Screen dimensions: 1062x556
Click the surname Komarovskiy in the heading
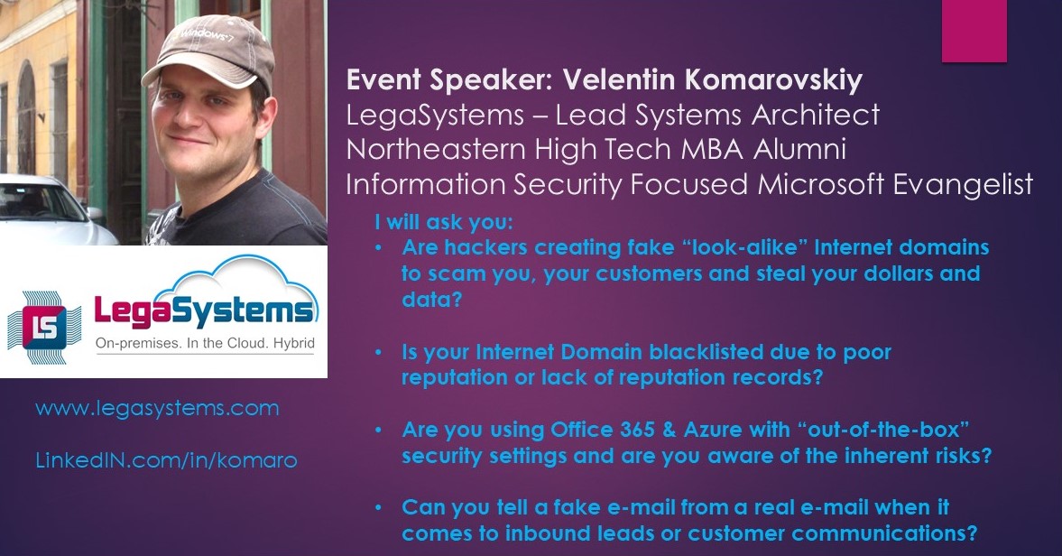point(773,80)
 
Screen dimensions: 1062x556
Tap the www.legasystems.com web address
point(157,408)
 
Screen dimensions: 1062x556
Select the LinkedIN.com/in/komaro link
point(167,460)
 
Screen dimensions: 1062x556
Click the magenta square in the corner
point(974,31)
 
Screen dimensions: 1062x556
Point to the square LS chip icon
point(45,328)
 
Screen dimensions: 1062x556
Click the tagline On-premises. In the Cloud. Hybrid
point(205,343)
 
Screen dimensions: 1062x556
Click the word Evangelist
point(963,185)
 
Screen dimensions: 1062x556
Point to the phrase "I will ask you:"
point(444,222)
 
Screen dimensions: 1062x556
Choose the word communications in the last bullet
point(884,533)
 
